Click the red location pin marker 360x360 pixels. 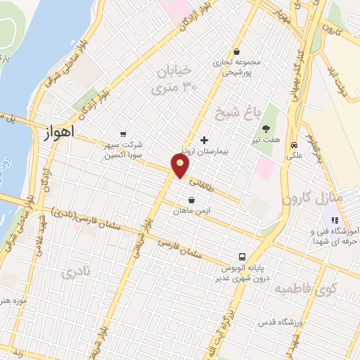(181, 166)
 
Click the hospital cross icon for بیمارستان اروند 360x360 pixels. (204, 140)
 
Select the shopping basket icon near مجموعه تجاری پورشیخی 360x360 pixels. (237, 51)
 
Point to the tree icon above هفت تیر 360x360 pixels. (267, 128)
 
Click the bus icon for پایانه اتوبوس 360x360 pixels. (242, 257)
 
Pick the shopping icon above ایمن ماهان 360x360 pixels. (192, 200)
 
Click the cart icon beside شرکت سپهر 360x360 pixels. (124, 134)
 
